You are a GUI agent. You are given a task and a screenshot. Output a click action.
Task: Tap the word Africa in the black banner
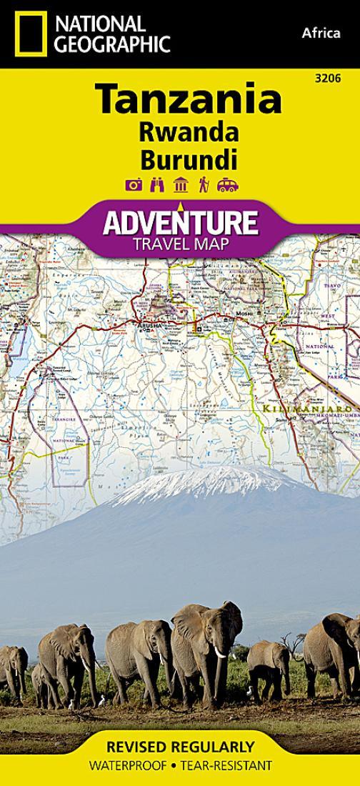[321, 33]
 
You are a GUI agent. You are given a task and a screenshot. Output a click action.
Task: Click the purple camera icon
[133, 186]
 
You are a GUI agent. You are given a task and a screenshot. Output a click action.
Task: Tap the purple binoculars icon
[157, 186]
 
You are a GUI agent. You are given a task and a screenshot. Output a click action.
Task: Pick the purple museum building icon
[181, 186]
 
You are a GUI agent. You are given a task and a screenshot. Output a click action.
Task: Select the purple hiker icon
[204, 186]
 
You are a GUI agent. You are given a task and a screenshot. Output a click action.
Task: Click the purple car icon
[227, 186]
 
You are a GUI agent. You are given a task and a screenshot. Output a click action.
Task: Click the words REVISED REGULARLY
[180, 747]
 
